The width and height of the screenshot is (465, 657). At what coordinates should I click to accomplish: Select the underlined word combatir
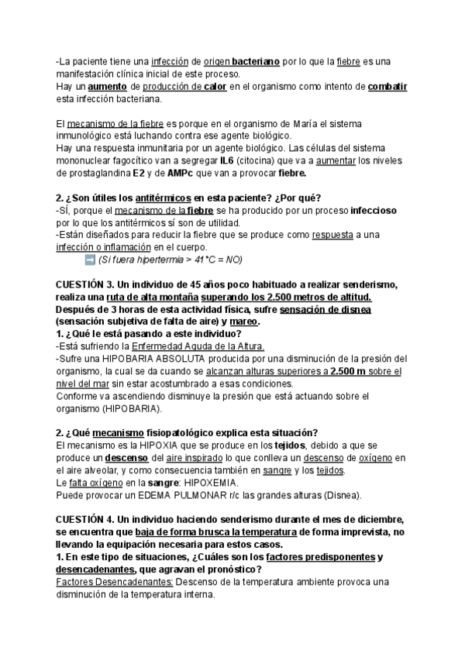pyautogui.click(x=387, y=86)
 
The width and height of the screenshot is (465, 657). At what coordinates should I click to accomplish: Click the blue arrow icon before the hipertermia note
pyautogui.click(x=89, y=260)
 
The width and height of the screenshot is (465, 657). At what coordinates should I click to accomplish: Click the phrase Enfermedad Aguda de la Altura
pyautogui.click(x=198, y=346)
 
